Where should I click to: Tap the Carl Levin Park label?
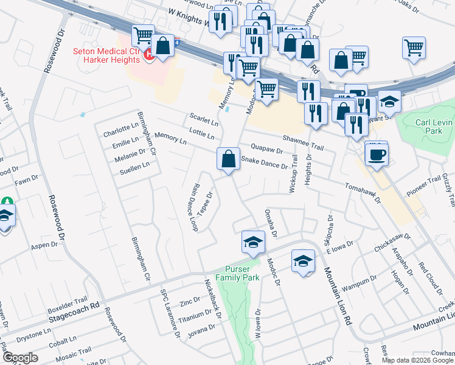pyautogui.click(x=434, y=126)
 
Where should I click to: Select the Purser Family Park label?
pyautogui.click(x=242, y=273)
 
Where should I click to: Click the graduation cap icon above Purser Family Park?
pyautogui.click(x=252, y=242)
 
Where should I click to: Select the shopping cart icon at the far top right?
pyautogui.click(x=414, y=47)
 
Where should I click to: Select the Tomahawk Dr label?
pyautogui.click(x=362, y=192)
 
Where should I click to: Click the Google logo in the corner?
pyautogui.click(x=20, y=358)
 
